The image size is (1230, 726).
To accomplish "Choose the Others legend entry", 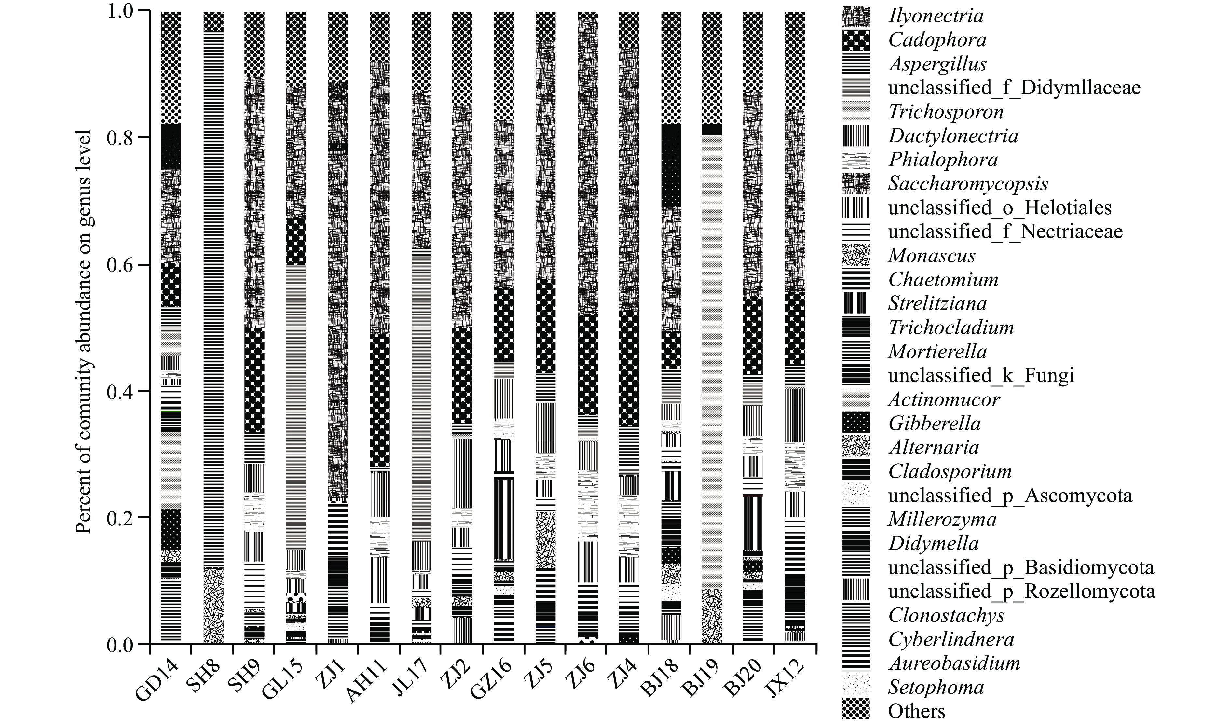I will (x=917, y=711).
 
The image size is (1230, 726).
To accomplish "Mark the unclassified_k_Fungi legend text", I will (x=981, y=376).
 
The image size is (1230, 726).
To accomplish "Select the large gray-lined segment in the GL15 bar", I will (x=296, y=406).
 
